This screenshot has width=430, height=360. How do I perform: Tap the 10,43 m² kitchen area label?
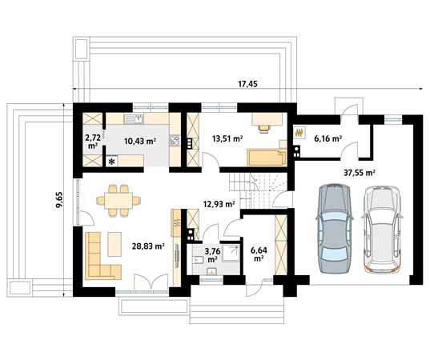coord(139,141)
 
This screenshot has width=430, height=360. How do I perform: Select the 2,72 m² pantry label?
coord(93,142)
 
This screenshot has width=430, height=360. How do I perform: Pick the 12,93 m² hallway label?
coord(219,204)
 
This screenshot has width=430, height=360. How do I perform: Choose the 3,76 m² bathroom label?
coord(213,255)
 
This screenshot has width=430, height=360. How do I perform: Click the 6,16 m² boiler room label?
coord(328,138)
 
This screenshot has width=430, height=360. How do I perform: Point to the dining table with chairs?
coord(117,200)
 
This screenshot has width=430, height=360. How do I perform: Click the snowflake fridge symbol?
coord(111,161)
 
